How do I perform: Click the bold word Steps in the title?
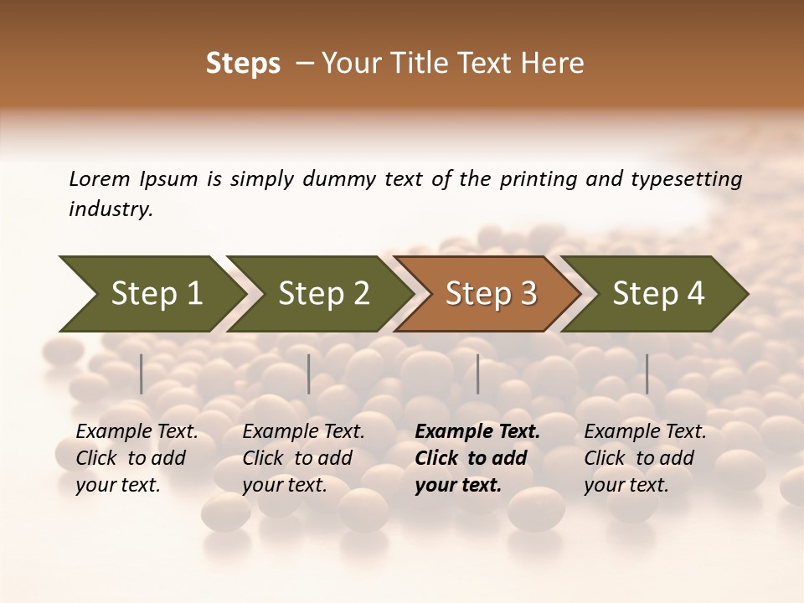click(243, 64)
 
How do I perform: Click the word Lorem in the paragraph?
click(100, 178)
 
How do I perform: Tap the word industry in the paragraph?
click(110, 209)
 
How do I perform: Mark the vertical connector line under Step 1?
click(142, 374)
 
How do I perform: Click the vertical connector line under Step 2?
click(309, 374)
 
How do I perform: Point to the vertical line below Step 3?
click(478, 374)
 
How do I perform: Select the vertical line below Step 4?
click(647, 374)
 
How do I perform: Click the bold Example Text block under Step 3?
click(477, 458)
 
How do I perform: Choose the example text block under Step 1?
click(137, 458)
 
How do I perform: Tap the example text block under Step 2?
click(303, 458)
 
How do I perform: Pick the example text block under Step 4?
click(645, 458)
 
